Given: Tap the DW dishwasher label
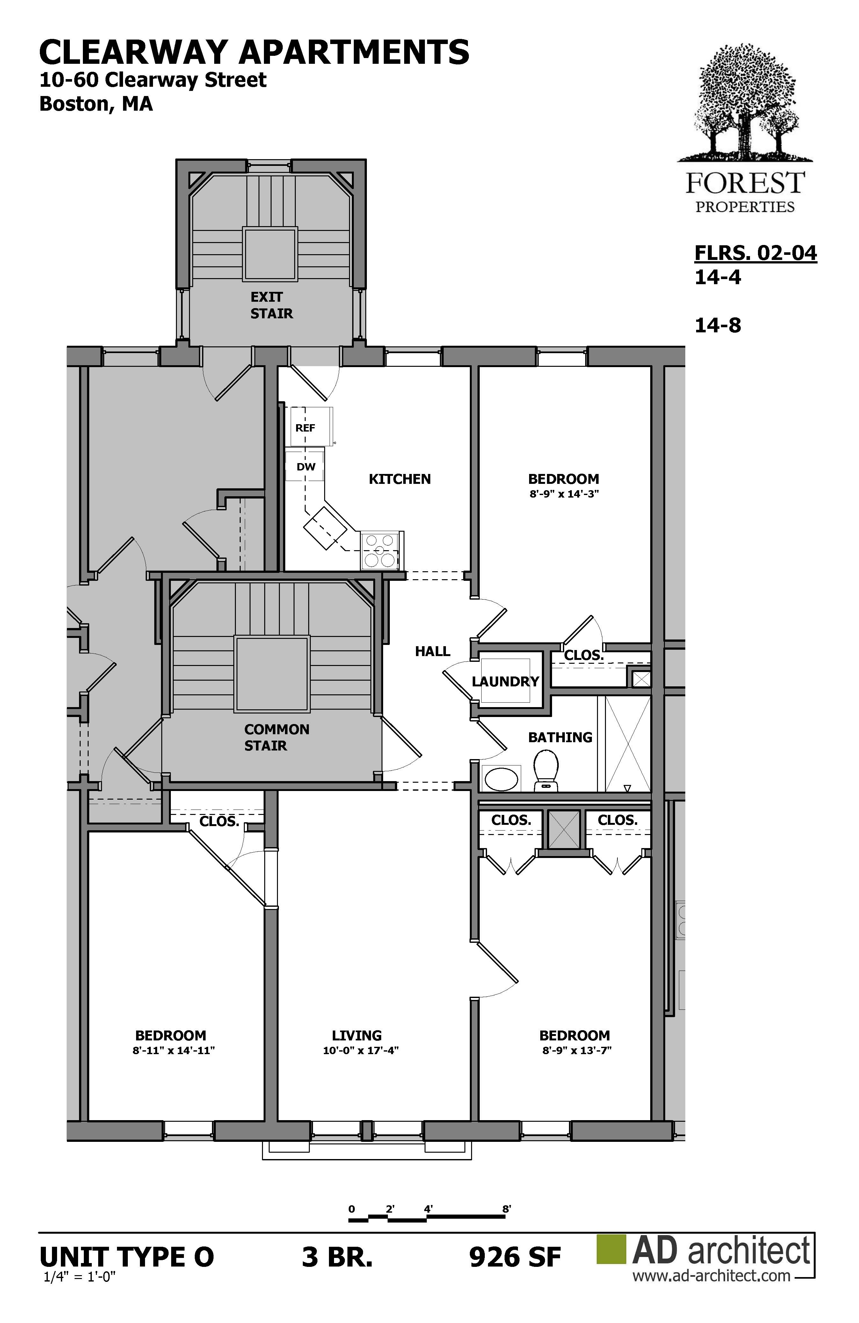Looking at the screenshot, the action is coord(306,466).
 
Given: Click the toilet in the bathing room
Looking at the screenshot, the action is coord(546,771).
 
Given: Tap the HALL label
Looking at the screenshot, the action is coord(432,651).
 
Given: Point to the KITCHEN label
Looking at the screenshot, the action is coord(399,479).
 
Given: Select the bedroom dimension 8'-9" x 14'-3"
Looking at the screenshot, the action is coord(564,493).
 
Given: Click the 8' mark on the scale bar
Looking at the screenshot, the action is coord(506,1208).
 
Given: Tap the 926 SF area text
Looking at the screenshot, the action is coord(515,1257).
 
